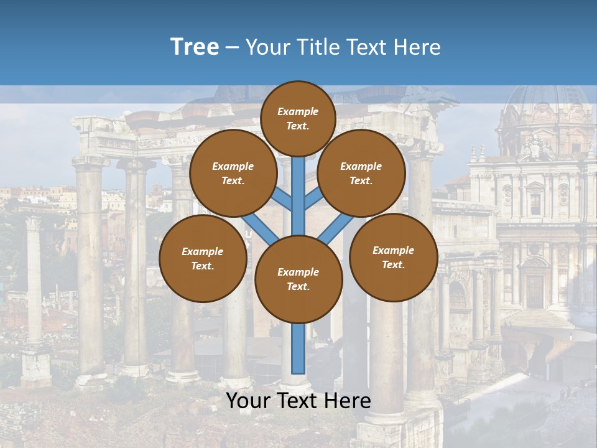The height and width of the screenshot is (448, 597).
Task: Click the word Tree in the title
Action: click(x=195, y=47)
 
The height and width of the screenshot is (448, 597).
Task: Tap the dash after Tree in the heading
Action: click(x=232, y=48)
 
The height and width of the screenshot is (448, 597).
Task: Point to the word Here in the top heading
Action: click(x=416, y=47)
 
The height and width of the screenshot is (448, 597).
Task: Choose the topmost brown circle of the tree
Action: click(x=298, y=118)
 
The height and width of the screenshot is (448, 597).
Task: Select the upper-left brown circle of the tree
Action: click(x=233, y=173)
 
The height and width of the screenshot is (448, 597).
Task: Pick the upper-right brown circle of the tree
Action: click(x=361, y=173)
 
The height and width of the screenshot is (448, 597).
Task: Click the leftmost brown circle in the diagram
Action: click(x=203, y=258)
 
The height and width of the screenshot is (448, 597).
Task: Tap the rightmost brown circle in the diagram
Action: click(x=393, y=257)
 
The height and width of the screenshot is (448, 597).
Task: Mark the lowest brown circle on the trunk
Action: click(x=298, y=279)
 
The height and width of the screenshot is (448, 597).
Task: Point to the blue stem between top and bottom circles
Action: click(x=298, y=196)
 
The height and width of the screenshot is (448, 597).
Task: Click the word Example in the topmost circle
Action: click(x=298, y=111)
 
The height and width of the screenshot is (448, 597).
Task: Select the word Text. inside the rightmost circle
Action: click(x=393, y=264)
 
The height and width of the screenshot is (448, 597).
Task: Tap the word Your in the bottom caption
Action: click(x=248, y=401)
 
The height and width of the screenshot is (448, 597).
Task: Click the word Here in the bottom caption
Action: click(x=348, y=401)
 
